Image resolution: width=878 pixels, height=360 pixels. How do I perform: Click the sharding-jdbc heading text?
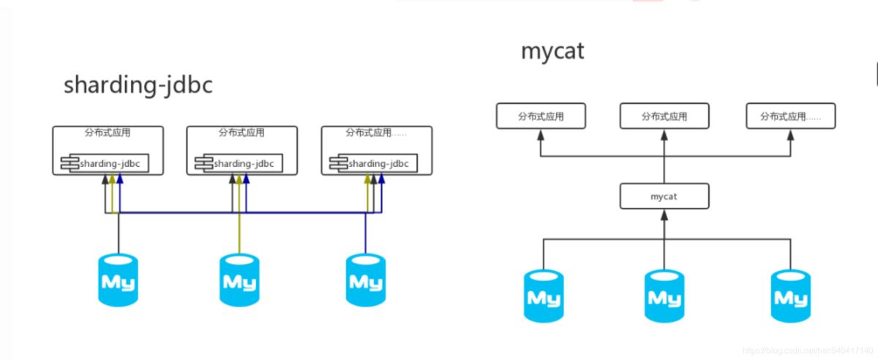138,85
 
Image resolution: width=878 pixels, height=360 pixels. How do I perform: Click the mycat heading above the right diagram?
552,50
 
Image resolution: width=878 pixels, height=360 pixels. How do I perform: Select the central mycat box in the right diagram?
664,196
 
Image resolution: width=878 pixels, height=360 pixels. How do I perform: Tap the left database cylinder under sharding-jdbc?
118,280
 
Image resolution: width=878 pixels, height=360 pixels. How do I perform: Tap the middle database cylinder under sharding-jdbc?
239,280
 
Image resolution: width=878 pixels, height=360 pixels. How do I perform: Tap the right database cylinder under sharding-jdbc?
365,280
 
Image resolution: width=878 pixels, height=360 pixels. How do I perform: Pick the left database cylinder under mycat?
544,296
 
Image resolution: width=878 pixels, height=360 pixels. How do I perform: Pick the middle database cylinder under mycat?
664,296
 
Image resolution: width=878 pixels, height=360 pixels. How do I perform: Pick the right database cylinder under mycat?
790,296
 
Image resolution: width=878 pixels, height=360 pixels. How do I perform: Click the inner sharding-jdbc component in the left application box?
105,163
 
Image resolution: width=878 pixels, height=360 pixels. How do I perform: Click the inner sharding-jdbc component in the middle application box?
239,163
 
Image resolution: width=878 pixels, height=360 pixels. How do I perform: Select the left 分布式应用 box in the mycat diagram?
541,116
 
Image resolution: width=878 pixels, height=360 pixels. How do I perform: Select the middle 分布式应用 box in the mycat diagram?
664,116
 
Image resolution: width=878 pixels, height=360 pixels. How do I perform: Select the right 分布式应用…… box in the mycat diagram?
790,116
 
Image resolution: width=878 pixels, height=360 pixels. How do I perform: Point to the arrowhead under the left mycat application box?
541,134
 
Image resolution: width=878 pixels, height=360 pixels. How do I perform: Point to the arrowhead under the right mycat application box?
790,134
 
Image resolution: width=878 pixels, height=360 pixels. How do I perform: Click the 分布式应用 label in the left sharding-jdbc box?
108,133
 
